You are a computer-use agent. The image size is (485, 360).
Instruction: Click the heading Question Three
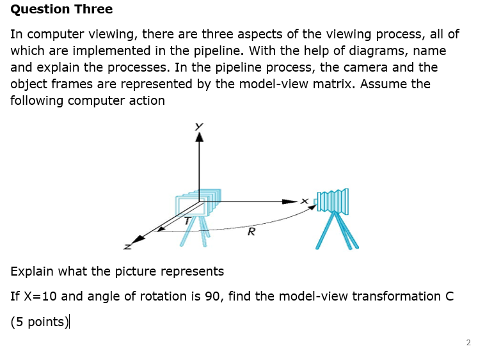pyautogui.click(x=61, y=10)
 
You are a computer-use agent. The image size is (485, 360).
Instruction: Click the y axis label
pyautogui.click(x=199, y=126)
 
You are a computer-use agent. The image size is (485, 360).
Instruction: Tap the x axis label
pyautogui.click(x=305, y=201)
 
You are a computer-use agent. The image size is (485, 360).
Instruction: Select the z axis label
pyautogui.click(x=127, y=246)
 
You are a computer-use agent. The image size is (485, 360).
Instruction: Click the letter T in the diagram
pyautogui.click(x=187, y=221)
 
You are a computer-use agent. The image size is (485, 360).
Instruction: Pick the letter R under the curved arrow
pyautogui.click(x=251, y=231)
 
